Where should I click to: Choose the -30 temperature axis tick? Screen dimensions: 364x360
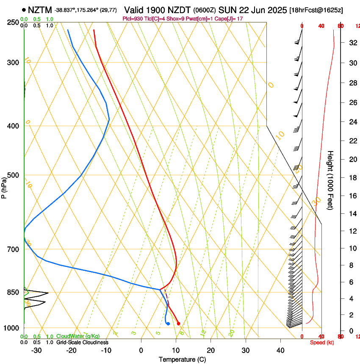point(37,350)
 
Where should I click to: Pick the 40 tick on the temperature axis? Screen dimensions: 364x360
point(280,350)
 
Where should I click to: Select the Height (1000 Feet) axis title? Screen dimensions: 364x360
point(331,180)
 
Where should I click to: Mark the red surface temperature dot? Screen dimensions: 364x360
point(178,323)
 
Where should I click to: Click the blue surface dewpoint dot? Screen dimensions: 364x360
point(168,324)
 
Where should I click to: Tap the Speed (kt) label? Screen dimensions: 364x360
point(322,342)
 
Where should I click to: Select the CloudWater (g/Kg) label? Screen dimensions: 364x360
point(78,336)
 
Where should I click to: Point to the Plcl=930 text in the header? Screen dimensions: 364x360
point(133,19)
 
